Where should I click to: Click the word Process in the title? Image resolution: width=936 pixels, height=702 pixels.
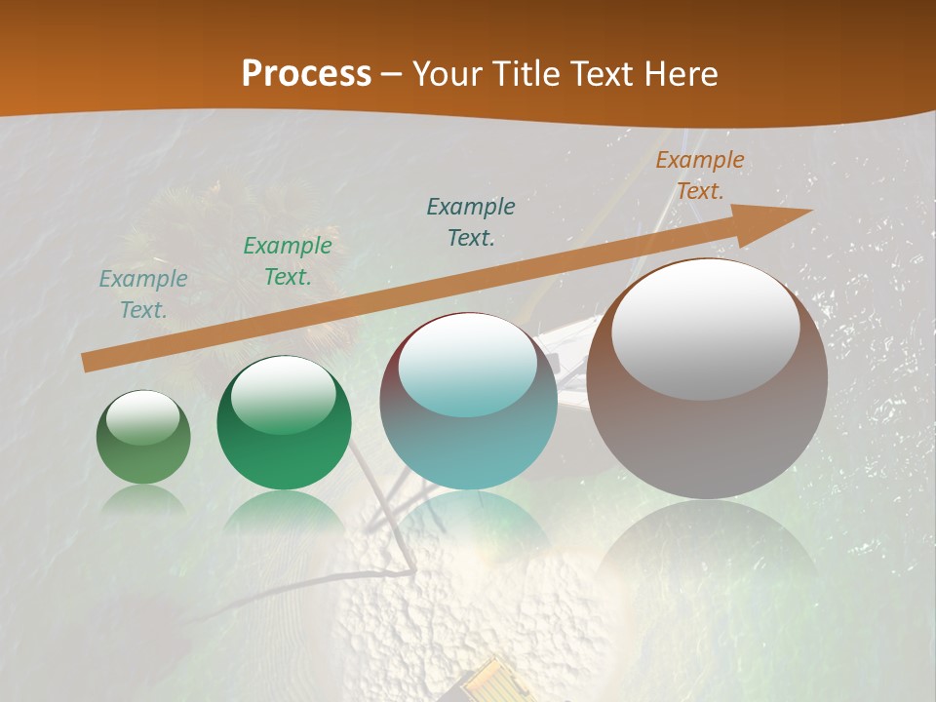pos(306,73)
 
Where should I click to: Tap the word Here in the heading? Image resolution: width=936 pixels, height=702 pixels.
pos(679,74)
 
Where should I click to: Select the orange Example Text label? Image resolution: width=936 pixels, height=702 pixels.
pos(699,175)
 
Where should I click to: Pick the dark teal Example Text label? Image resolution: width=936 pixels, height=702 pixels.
pos(471,221)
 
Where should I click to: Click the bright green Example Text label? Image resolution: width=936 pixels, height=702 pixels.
pos(288,260)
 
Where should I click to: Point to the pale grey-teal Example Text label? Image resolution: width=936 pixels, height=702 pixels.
pos(143,293)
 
